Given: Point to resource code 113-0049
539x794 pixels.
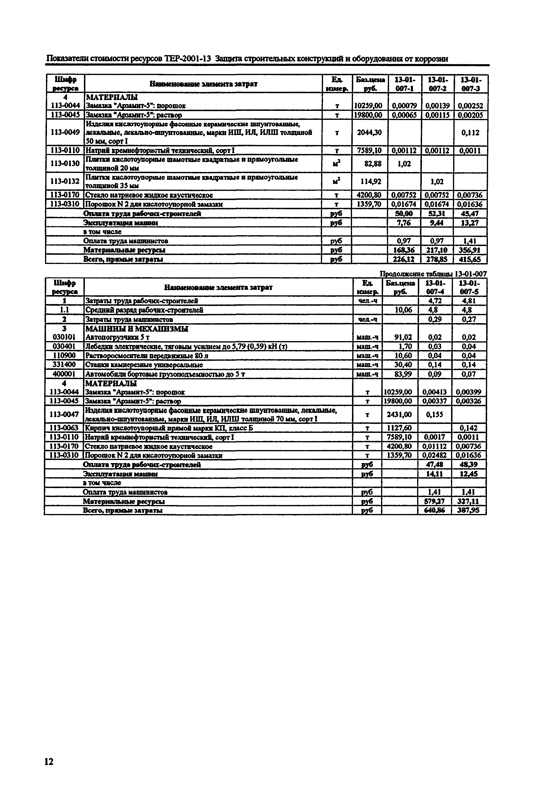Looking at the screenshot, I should [x=65, y=133].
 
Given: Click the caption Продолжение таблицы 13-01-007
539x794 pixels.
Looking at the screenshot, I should [x=433, y=274].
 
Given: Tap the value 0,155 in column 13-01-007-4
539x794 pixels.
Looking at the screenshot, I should [x=435, y=414].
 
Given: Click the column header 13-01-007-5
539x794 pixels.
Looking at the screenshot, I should [x=469, y=287].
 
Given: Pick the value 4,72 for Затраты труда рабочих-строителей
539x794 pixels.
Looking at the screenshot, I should [x=435, y=301].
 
